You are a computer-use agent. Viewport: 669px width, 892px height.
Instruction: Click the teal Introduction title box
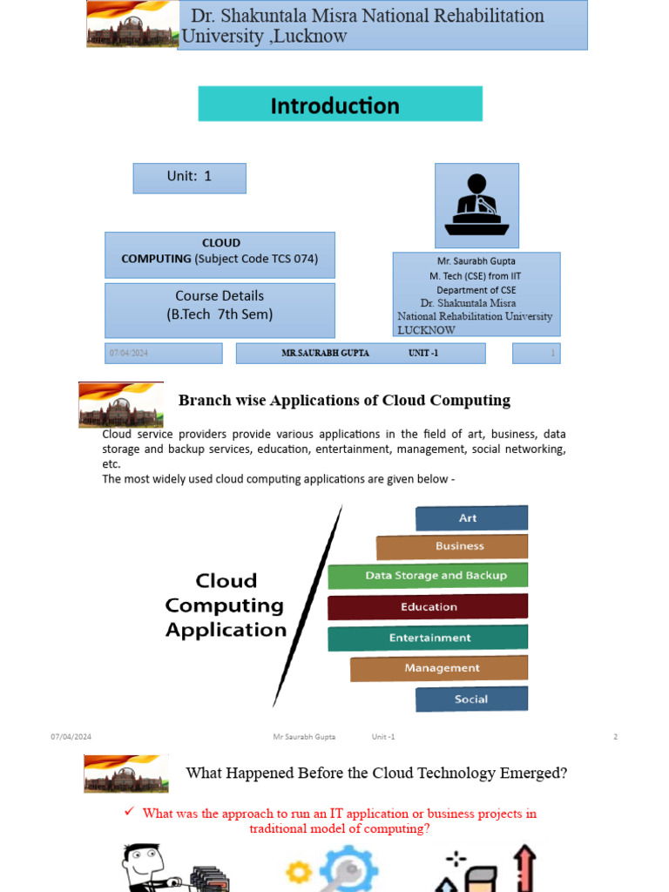340,104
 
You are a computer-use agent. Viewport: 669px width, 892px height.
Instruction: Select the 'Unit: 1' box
189,178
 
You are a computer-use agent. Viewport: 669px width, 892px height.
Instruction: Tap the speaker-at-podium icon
476,206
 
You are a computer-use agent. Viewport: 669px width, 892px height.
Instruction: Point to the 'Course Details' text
220,295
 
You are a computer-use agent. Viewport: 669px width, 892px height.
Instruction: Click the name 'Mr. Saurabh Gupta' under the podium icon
476,260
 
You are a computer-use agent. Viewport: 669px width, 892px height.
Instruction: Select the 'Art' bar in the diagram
470,518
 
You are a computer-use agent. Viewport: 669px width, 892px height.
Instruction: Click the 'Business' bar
452,547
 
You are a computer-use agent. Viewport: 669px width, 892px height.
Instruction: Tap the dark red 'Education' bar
428,607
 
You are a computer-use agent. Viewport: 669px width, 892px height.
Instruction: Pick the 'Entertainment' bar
428,638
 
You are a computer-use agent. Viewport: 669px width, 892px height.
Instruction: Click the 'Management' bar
439,668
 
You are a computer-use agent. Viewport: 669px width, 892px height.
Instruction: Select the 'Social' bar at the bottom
471,699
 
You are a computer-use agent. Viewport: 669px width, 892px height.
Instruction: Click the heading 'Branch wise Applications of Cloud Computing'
344,401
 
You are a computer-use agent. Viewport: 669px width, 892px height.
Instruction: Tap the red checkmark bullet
128,812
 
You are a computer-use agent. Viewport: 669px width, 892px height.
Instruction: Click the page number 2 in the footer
615,737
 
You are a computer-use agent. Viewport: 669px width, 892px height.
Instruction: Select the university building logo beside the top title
132,25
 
